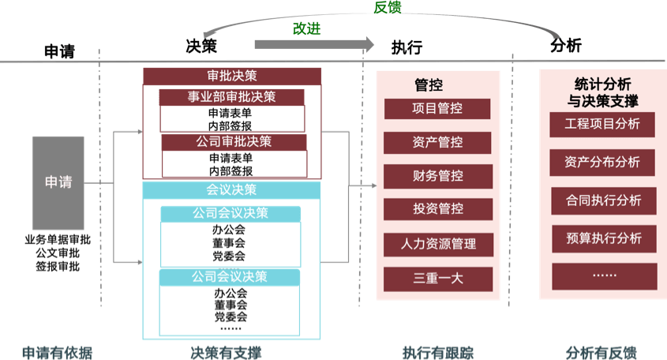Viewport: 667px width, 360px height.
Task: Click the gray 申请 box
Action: [58, 182]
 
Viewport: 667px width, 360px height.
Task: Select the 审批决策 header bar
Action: [232, 77]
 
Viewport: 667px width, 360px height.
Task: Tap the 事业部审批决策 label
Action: [231, 97]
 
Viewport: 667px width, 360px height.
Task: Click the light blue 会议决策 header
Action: [231, 190]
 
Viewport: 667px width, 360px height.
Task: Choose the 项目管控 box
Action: [437, 109]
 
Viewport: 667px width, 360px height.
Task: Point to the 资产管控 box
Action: [437, 143]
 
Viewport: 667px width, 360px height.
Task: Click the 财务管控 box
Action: [437, 176]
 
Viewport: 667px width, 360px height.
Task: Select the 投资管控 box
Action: [437, 209]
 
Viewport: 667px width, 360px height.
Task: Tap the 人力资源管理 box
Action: [437, 244]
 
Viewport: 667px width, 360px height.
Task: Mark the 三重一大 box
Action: [437, 278]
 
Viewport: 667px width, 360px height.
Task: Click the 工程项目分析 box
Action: [603, 124]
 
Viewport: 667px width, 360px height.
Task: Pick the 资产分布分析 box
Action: [603, 162]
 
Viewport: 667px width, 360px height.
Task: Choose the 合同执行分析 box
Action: [603, 200]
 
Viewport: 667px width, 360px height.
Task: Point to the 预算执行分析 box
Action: [603, 238]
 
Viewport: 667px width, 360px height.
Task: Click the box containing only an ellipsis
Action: [603, 276]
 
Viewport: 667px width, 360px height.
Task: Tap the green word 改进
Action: [307, 28]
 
